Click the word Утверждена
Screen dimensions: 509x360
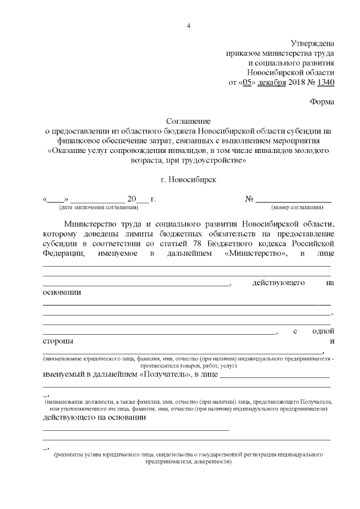pos(312,43)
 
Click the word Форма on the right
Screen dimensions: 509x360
pos(322,102)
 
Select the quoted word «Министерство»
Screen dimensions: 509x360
pos(256,253)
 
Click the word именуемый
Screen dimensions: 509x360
pos(66,375)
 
